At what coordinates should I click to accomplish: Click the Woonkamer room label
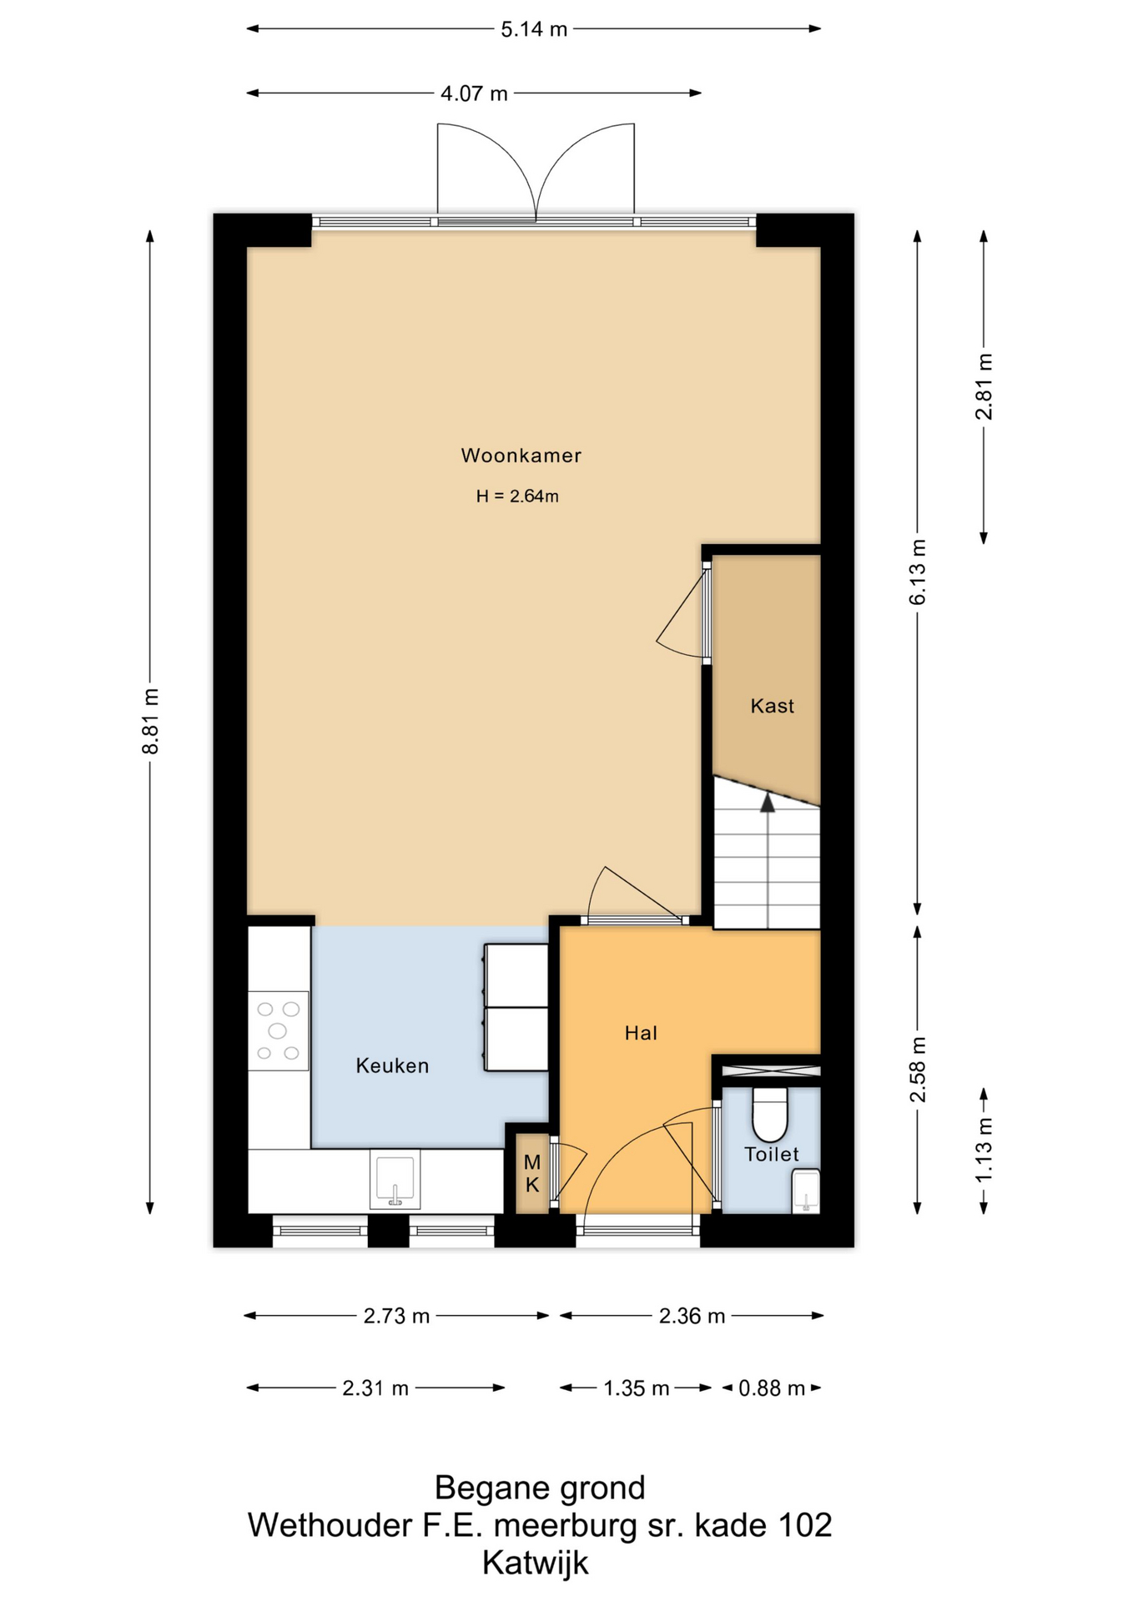[x=521, y=456]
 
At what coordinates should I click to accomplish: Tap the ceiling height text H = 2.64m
[x=517, y=496]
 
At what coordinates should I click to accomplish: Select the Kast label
[x=772, y=706]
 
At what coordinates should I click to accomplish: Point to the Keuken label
[x=392, y=1065]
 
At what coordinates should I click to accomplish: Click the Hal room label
[x=641, y=1033]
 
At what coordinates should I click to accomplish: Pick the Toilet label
[x=772, y=1154]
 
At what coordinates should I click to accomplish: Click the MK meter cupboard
[x=532, y=1173]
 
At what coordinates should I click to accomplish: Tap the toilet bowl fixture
[x=770, y=1114]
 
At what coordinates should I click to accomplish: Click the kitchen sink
[x=395, y=1181]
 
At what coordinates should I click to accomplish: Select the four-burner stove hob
[x=279, y=1031]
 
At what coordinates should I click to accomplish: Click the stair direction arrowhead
[x=767, y=802]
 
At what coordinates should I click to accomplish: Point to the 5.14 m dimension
[x=534, y=29]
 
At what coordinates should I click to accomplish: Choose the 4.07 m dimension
[x=474, y=93]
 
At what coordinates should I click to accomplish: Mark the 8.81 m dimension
[x=150, y=722]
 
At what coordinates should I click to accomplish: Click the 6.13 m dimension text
[x=918, y=572]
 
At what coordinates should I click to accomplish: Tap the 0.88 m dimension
[x=772, y=1388]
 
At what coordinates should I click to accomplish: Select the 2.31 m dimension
[x=375, y=1388]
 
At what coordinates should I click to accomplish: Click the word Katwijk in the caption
[x=536, y=1563]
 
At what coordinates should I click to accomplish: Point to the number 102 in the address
[x=804, y=1525]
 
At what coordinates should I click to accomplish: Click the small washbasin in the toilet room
[x=806, y=1191]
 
